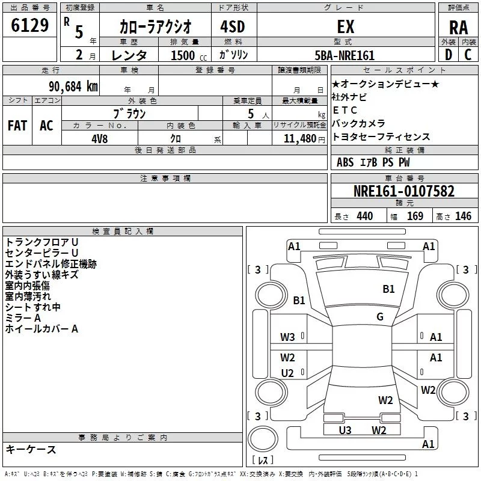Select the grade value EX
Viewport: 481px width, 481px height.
[x=346, y=26]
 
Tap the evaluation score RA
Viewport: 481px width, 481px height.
[x=458, y=27]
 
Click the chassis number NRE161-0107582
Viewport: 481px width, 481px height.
[x=403, y=192]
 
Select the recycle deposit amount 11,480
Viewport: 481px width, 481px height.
[x=299, y=138]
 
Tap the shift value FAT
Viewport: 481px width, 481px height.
[x=17, y=126]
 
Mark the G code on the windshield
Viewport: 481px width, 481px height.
[x=379, y=317]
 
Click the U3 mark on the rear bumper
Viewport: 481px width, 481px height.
[x=345, y=430]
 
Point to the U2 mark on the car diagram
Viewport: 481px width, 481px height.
[x=287, y=373]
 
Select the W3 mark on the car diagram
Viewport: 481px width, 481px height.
[x=287, y=337]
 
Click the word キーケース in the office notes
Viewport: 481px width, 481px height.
[x=31, y=450]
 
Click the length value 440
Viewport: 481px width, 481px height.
[x=364, y=216]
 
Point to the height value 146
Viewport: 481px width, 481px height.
[x=463, y=216]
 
